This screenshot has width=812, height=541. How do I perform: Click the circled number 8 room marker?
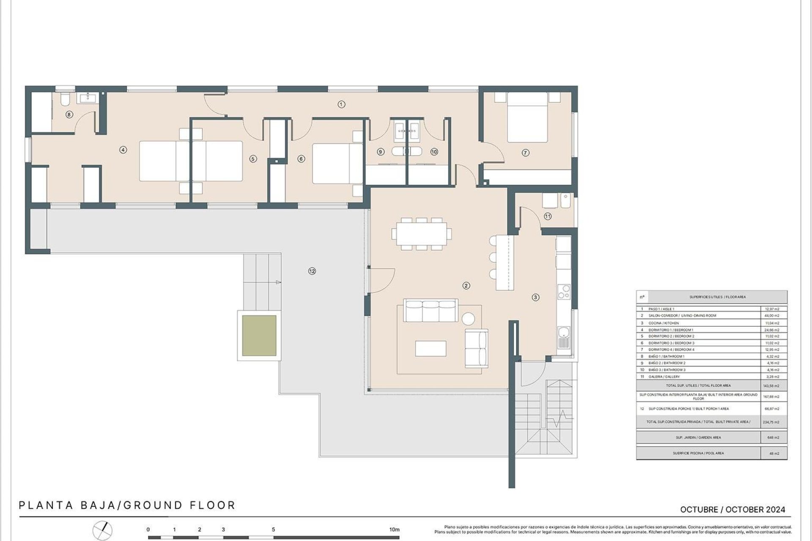point(69,114)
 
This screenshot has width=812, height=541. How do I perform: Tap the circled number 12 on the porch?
point(312,271)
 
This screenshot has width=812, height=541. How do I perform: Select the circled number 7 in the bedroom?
point(525,153)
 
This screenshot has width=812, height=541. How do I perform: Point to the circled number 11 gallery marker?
point(548,216)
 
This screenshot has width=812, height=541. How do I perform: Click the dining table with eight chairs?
point(421,234)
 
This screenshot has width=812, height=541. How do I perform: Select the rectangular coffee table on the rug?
point(431,348)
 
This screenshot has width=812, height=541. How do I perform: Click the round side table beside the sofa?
point(468,318)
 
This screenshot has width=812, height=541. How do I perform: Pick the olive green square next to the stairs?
point(259,336)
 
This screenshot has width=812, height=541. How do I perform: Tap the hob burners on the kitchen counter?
point(564,292)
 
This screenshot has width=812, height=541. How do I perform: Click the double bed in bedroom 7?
point(527,117)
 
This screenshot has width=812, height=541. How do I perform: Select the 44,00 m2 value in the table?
point(774,316)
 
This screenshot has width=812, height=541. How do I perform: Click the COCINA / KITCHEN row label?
point(664,323)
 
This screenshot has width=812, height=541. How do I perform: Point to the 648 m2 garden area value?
point(774,437)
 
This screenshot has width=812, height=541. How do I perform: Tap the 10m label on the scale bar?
point(394,530)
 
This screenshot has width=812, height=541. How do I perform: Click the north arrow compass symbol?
point(103,530)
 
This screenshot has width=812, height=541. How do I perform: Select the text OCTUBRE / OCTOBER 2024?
point(732,510)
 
